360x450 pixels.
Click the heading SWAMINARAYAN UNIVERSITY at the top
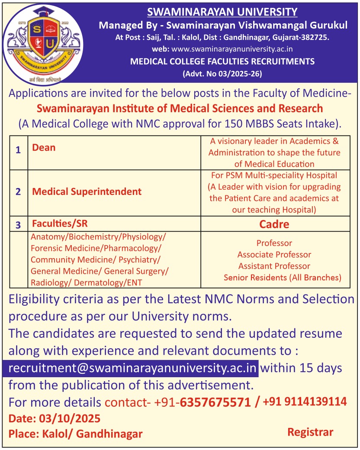(x=222, y=12)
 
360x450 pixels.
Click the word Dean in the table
(x=44, y=148)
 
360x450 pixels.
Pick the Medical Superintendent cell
(x=87, y=191)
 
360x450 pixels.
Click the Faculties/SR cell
(x=57, y=224)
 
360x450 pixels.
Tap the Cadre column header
(x=274, y=224)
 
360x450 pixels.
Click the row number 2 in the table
(x=18, y=192)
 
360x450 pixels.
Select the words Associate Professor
(x=274, y=255)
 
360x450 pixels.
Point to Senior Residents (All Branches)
(x=283, y=277)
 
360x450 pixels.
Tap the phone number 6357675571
(x=215, y=402)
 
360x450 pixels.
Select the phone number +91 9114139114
(x=304, y=401)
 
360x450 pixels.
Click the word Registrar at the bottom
(x=310, y=432)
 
